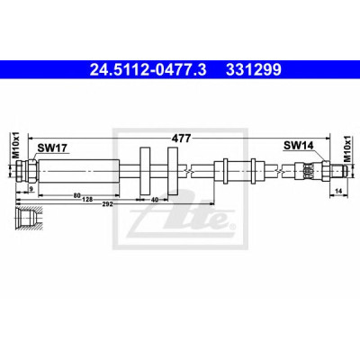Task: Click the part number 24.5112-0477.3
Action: tap(148, 70)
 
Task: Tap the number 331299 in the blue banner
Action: tap(254, 70)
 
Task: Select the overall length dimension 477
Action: tap(181, 139)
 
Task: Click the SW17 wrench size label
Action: tap(52, 148)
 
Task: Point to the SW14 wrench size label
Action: tap(299, 146)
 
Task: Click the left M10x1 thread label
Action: tap(15, 145)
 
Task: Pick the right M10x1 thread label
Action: tap(347, 148)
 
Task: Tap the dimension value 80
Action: tap(77, 196)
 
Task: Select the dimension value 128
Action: tap(87, 200)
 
